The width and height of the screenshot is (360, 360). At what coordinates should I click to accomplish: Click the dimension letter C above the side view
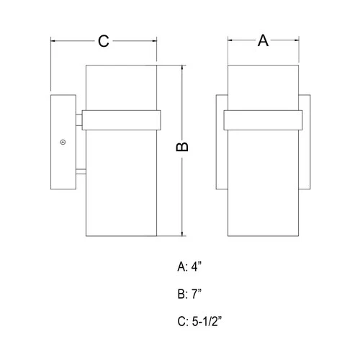point(103,42)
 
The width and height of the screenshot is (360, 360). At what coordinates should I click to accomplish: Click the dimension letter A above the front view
point(264,42)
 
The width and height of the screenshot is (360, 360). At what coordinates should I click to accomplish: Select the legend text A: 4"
point(191,266)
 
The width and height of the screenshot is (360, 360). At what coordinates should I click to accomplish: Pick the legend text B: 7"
point(191,293)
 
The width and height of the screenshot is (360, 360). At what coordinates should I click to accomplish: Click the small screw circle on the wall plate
point(63,142)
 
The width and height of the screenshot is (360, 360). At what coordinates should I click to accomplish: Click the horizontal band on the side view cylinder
point(120,120)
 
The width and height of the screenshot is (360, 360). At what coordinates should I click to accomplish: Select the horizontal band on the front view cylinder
point(264,120)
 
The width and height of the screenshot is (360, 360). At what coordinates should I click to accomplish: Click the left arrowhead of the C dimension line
point(53,42)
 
